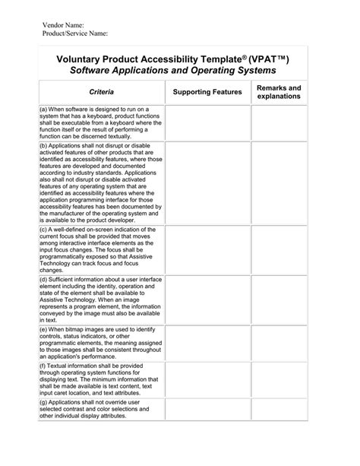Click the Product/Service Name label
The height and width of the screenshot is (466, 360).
pos(74,34)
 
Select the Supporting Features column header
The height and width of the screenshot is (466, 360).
pos(207,92)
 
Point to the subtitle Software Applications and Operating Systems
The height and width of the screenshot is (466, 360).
pos(173,71)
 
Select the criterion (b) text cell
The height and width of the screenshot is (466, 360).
pos(101,182)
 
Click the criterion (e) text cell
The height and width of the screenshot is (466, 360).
pos(101,342)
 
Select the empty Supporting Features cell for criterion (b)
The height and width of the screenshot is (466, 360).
pos(207,182)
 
